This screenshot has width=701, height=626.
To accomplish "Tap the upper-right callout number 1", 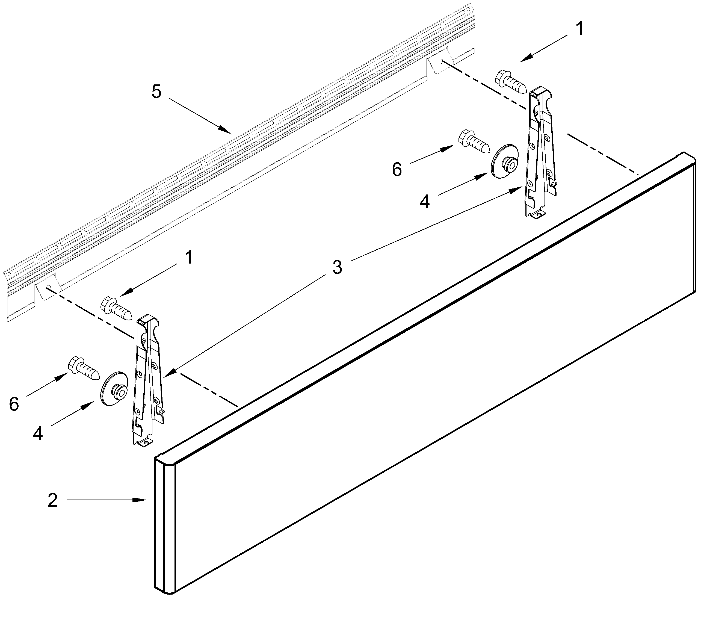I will tap(579, 29).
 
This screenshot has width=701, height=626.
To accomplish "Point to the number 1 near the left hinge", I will tap(189, 257).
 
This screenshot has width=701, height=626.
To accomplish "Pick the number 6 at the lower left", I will tap(14, 404).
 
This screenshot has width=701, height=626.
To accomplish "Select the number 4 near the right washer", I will tap(424, 202).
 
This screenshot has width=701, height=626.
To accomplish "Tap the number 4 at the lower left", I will tap(38, 433).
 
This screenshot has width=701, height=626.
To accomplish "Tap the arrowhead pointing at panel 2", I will tap(143, 500).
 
